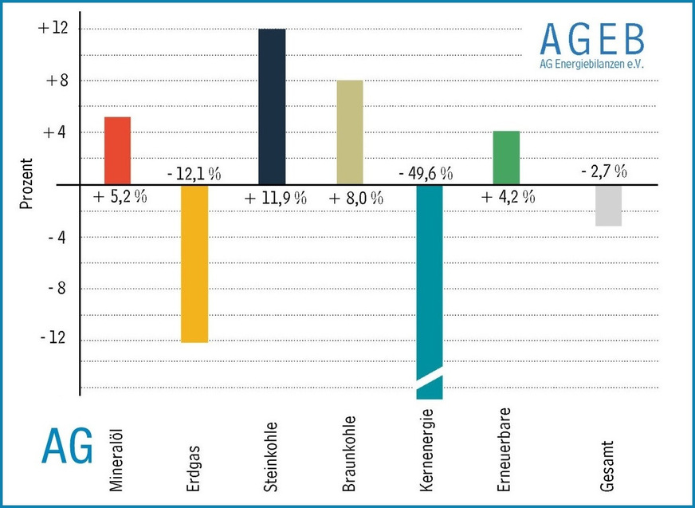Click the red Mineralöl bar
[x=117, y=151]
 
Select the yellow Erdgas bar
[x=194, y=263]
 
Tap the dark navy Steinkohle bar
[x=272, y=106]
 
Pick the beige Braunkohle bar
[x=350, y=132]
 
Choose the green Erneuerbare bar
[x=506, y=157]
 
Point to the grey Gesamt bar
[x=608, y=205]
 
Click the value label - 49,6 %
[x=425, y=173]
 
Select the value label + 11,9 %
[x=275, y=199]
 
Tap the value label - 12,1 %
[x=194, y=173]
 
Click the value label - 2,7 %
[x=603, y=171]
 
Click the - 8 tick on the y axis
[x=55, y=288]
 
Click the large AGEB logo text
[x=591, y=39]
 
